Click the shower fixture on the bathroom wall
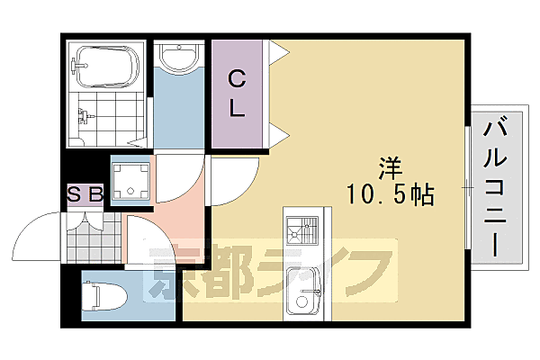[x=85, y=115]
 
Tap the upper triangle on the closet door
[x=278, y=50]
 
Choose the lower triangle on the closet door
[x=280, y=137]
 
